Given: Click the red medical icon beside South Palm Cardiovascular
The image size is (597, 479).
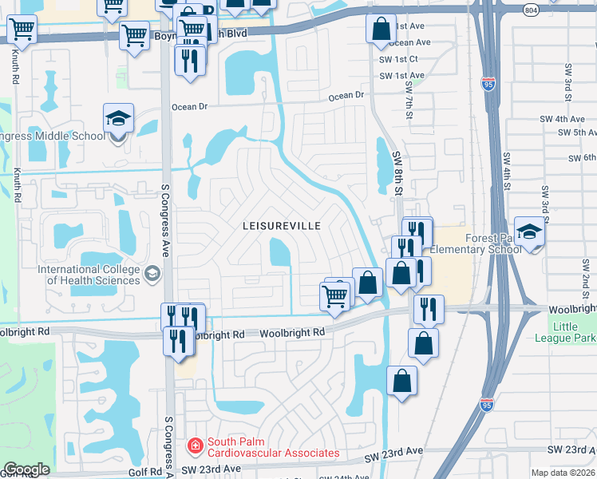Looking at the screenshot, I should [x=194, y=444].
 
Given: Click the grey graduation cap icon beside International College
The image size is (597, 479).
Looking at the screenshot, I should [x=152, y=275].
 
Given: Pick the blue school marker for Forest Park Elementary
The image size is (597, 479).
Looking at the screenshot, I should [x=528, y=232].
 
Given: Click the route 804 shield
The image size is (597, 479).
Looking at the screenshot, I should [x=531, y=10].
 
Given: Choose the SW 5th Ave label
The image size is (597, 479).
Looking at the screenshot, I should [x=574, y=133].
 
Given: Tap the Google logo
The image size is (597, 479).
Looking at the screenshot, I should [x=26, y=469].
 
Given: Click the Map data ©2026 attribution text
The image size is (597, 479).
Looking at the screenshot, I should [x=563, y=473].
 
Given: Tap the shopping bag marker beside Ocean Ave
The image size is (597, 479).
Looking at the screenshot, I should [x=381, y=29].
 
